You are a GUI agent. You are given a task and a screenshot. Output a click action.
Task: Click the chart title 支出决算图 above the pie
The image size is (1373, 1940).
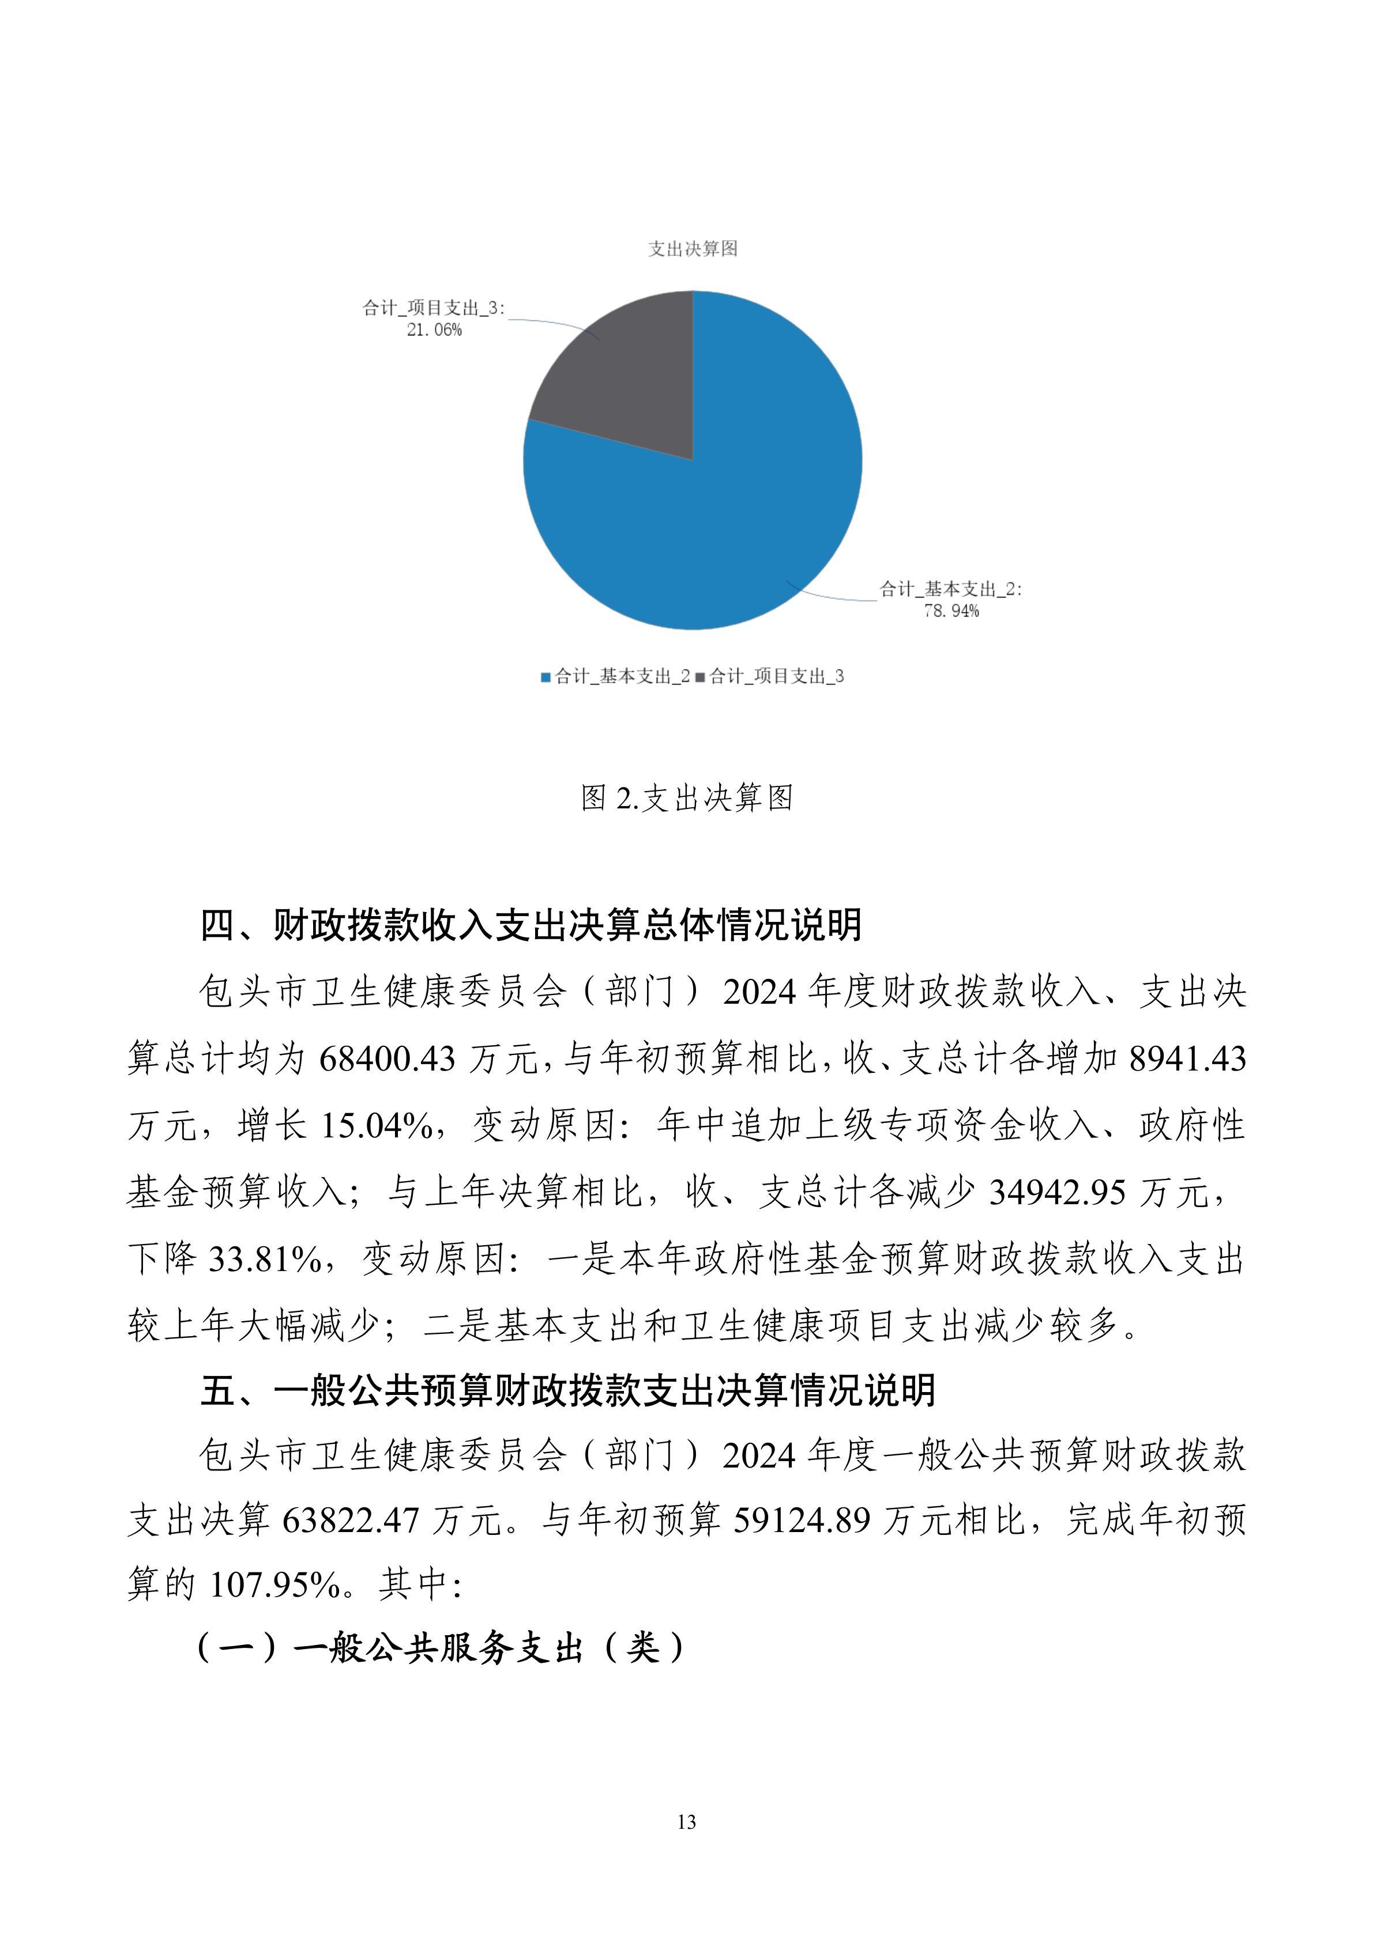click(693, 248)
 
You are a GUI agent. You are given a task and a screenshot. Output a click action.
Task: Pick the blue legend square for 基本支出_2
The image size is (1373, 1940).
click(546, 677)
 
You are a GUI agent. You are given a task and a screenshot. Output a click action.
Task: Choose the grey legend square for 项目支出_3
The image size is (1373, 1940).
click(700, 677)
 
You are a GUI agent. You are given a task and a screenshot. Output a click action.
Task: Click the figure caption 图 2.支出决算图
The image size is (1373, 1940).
click(686, 797)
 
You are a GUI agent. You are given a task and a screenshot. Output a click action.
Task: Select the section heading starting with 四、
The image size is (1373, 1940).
click(531, 925)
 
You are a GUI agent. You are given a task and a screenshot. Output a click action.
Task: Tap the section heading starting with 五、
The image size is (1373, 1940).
click(567, 1390)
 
